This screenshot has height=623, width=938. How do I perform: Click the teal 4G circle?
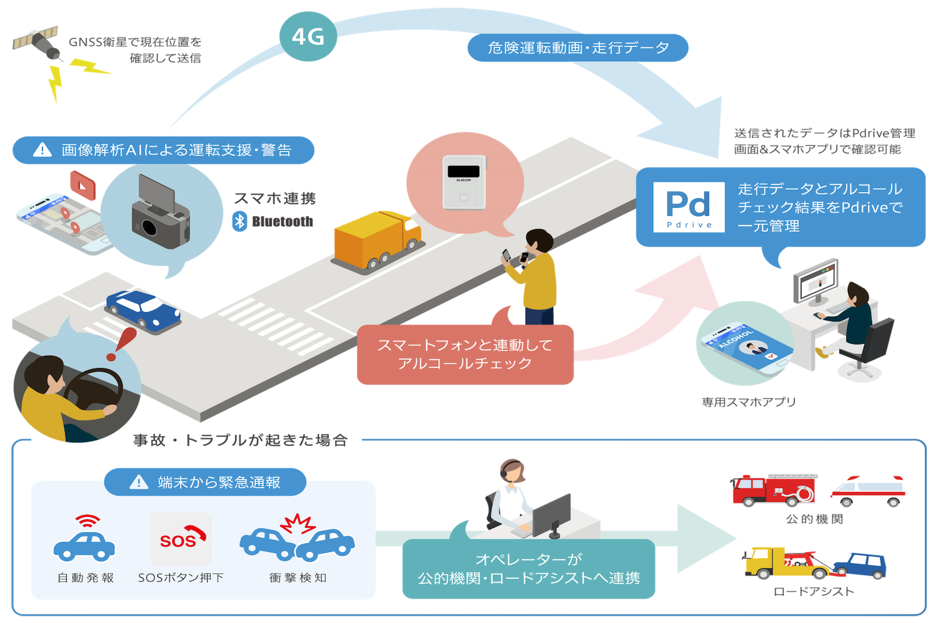click(307, 36)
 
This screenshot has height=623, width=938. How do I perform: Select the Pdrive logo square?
click(689, 207)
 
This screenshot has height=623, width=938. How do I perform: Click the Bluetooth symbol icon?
click(239, 222)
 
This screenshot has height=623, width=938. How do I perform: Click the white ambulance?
click(868, 491)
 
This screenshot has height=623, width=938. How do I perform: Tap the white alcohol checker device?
click(464, 182)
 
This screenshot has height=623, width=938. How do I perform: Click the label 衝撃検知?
click(297, 577)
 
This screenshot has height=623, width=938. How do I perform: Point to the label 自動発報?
click(85, 577)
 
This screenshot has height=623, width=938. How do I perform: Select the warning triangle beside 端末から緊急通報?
click(138, 482)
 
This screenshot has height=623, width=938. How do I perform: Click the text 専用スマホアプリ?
click(748, 402)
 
